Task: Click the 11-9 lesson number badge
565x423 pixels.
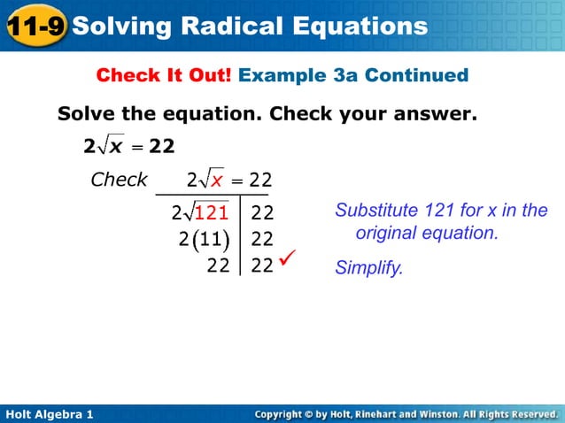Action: [x=35, y=26]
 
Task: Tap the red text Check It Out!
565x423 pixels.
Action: [x=164, y=75]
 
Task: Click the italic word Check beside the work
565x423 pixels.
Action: [x=119, y=180]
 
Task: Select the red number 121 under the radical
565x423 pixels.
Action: [x=212, y=212]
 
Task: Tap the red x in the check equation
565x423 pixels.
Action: [x=216, y=181]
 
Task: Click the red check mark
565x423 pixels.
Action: [x=287, y=258]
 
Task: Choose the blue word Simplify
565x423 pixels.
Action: [x=368, y=267]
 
